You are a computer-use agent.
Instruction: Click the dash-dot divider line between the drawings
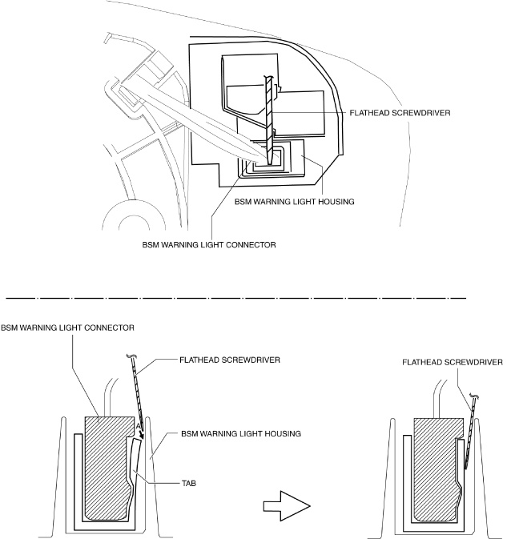pos(240,296)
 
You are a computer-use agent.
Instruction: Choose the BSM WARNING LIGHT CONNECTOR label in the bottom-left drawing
pos(66,328)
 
